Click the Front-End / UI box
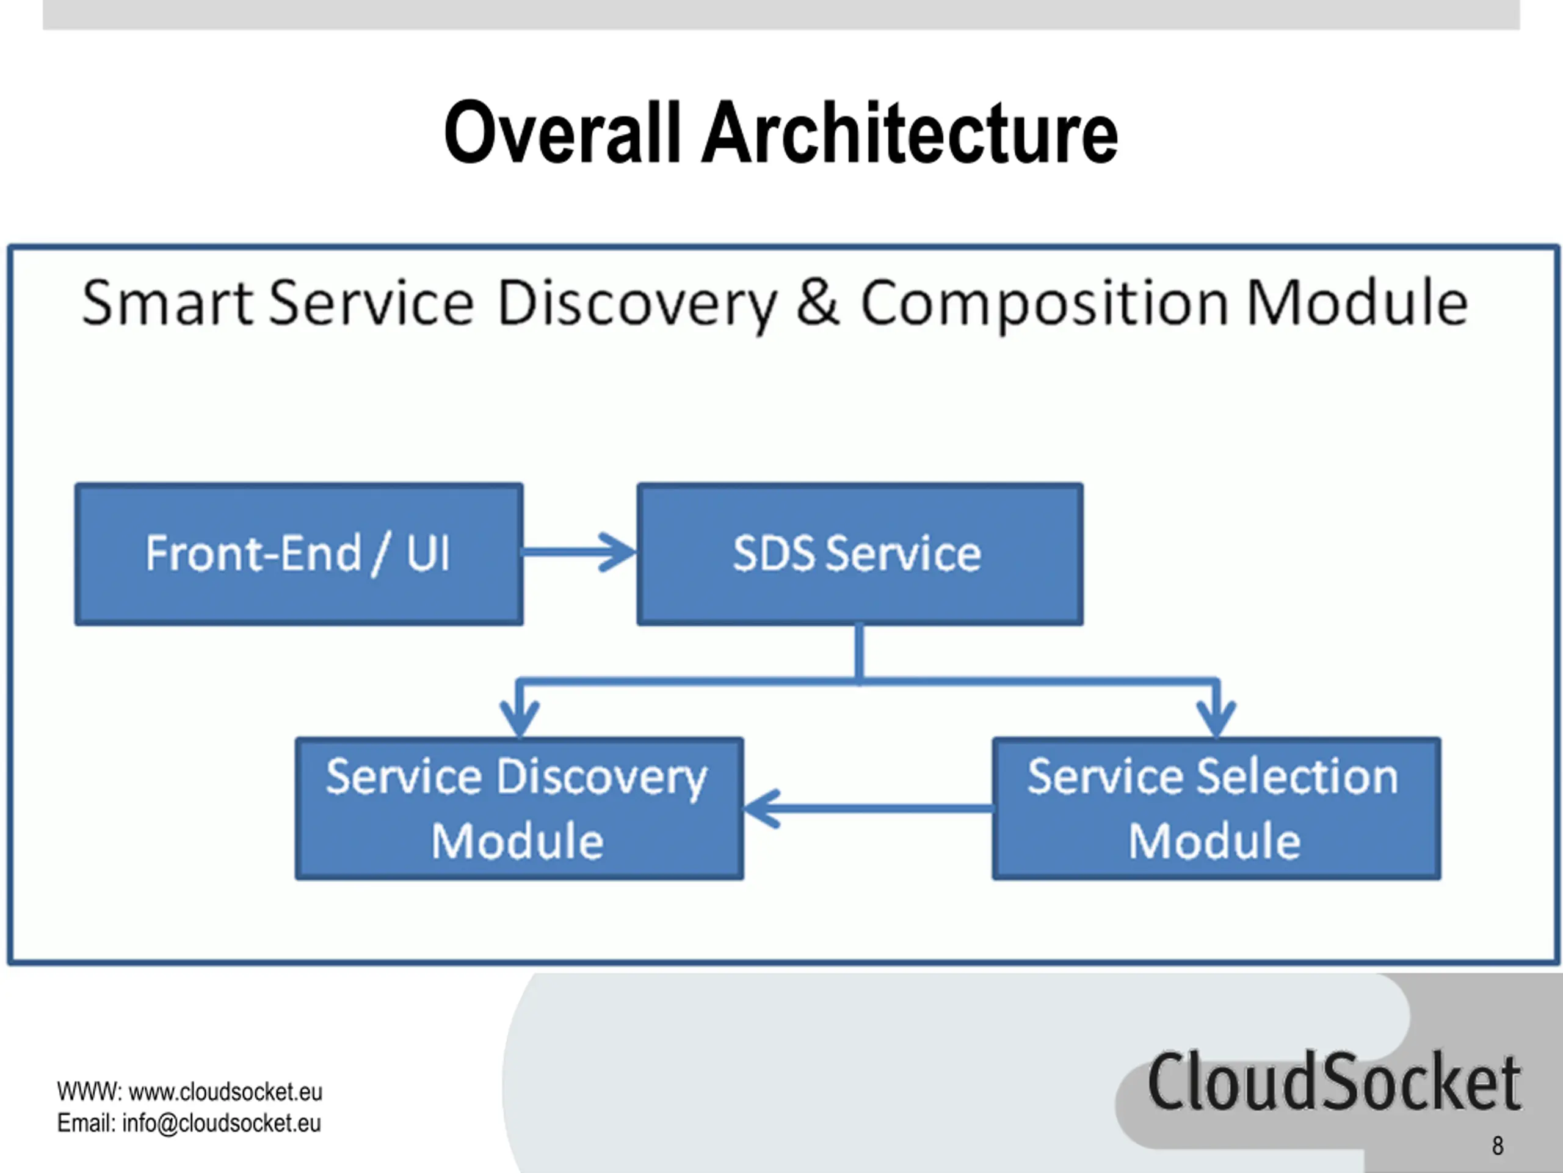coord(299,554)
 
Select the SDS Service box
coord(860,554)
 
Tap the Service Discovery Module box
coord(520,809)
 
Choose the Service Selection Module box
coord(1216,809)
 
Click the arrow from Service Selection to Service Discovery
coord(868,808)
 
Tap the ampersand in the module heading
coord(818,302)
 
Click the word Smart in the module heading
coord(167,302)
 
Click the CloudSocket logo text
coord(1334,1081)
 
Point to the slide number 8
coord(1497,1146)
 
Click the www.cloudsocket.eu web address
coord(225,1092)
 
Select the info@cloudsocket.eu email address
coord(221,1123)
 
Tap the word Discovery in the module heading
coord(637,305)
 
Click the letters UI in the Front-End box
coord(427,553)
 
